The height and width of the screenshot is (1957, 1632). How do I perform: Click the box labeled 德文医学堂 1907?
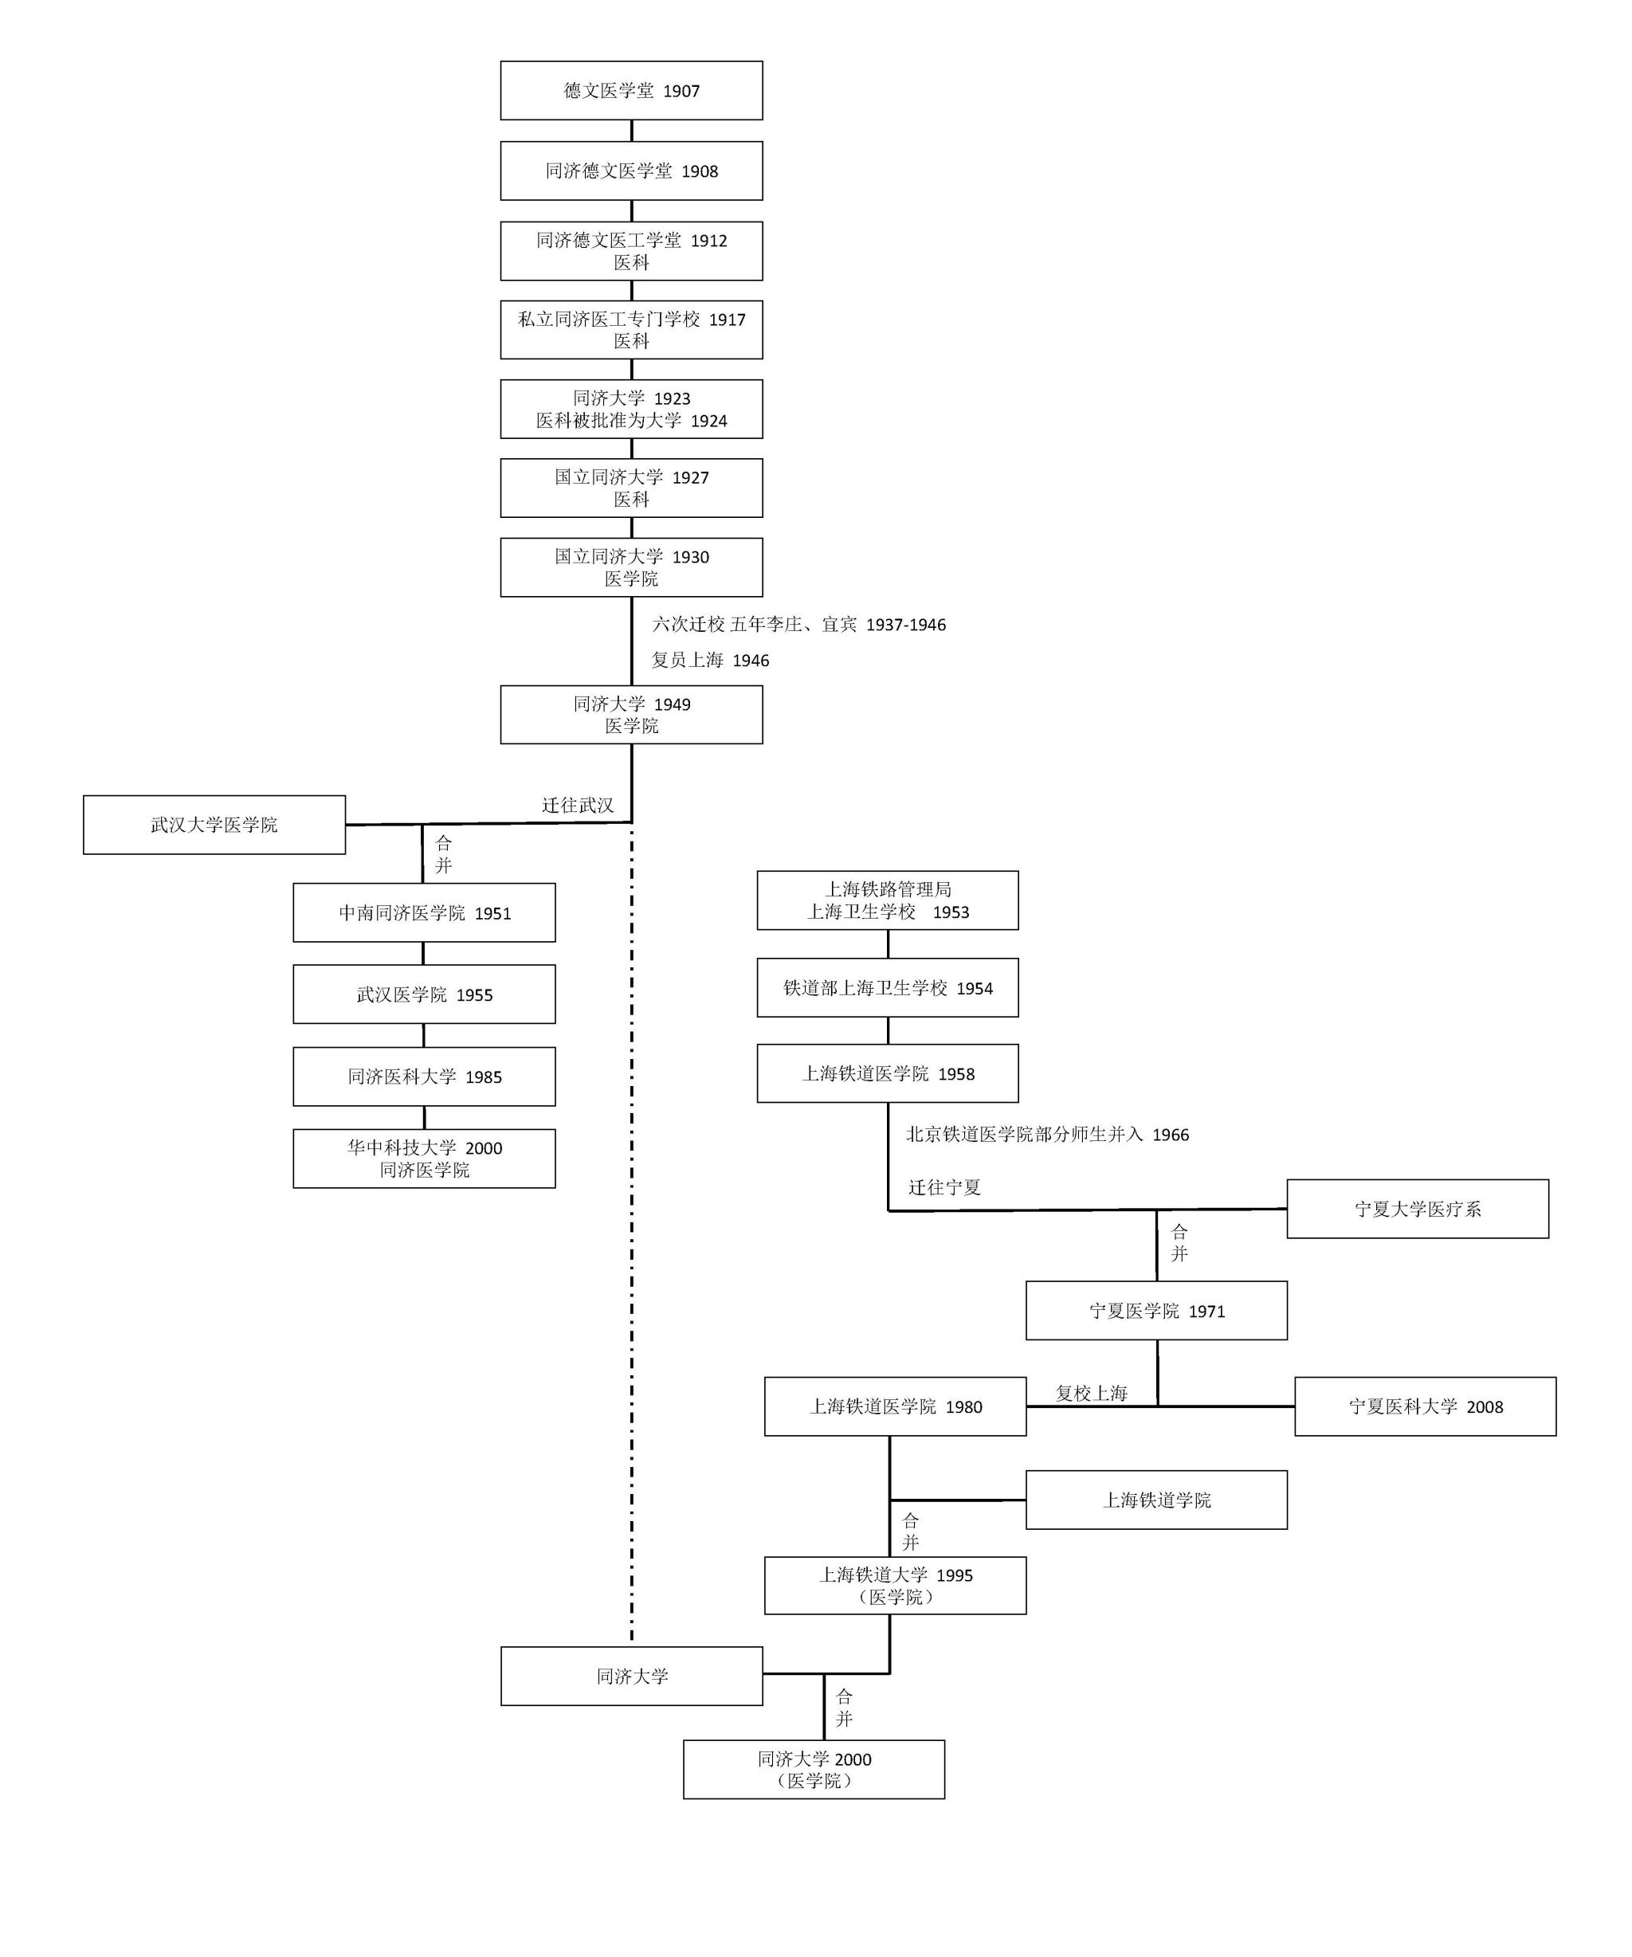(631, 90)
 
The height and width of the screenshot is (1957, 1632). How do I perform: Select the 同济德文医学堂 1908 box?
(631, 171)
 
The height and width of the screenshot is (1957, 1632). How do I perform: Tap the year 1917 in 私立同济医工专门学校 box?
(727, 320)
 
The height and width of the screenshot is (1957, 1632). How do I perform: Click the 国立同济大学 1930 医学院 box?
(631, 567)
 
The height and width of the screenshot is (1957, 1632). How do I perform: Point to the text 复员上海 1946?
(710, 660)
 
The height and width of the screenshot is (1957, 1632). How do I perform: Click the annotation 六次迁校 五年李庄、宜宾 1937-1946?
(798, 625)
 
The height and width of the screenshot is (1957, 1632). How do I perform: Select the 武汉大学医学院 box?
(214, 825)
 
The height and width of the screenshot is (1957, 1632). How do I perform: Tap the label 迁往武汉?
(578, 805)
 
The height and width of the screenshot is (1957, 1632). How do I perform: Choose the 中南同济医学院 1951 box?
(424, 913)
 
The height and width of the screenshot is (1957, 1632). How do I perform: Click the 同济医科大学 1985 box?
(424, 1077)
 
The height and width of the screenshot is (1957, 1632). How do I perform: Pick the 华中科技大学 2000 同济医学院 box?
(424, 1159)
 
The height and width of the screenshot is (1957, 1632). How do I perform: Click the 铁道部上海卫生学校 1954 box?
(887, 988)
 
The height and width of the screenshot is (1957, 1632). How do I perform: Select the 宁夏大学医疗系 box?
(1418, 1209)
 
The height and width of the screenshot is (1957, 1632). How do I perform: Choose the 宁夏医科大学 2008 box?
(1425, 1406)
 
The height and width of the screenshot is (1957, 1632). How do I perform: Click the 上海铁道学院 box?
(1156, 1500)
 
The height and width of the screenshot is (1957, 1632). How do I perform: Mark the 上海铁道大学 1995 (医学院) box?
(895, 1585)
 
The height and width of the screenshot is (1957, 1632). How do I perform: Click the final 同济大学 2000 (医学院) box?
(814, 1769)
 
